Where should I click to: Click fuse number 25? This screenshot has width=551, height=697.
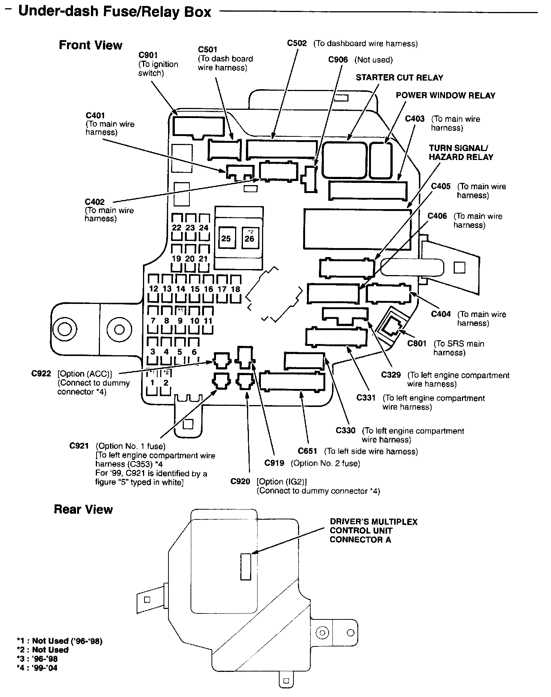(x=226, y=239)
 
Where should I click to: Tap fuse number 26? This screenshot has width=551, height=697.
(x=249, y=239)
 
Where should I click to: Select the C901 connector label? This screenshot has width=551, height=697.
(x=148, y=55)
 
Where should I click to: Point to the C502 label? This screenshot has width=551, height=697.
(x=297, y=43)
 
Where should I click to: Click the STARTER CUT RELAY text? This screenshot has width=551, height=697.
(x=399, y=78)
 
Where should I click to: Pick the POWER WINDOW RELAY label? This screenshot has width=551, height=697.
(x=445, y=96)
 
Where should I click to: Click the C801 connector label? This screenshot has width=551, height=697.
(x=417, y=344)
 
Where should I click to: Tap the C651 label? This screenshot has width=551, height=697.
(x=308, y=451)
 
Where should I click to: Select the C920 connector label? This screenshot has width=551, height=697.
(x=240, y=482)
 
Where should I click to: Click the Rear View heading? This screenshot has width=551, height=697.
(x=83, y=510)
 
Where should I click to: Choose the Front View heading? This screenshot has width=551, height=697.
(x=91, y=45)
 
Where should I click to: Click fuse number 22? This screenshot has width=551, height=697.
(x=177, y=227)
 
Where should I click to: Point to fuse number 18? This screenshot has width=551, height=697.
(x=235, y=289)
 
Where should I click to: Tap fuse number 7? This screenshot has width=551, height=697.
(x=153, y=321)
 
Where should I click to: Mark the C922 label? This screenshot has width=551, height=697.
(x=41, y=374)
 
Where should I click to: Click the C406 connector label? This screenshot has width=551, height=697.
(x=437, y=216)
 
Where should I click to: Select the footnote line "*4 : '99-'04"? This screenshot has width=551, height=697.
(x=37, y=668)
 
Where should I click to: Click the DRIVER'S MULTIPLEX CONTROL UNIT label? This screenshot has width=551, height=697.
(x=373, y=531)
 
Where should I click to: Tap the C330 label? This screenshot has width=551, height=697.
(x=345, y=431)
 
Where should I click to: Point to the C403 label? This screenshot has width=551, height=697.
(x=415, y=119)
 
